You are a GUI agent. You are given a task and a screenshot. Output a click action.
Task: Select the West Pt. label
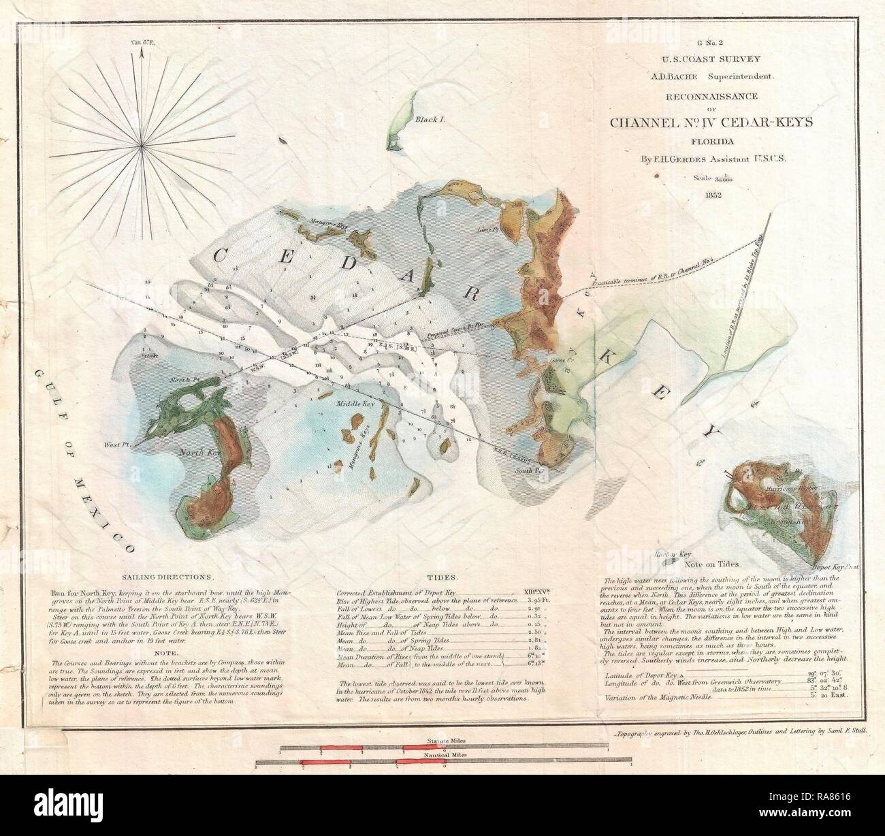117,445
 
